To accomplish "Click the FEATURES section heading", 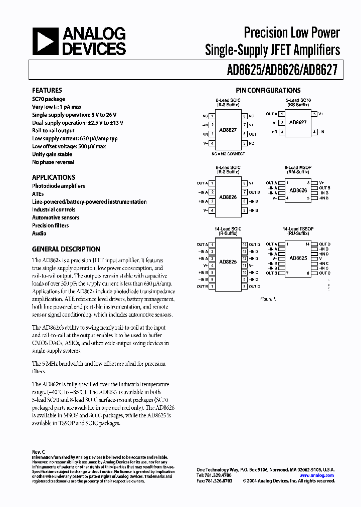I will click(x=47, y=90).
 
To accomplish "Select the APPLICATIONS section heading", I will click(x=54, y=177).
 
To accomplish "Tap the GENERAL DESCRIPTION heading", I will click(x=66, y=249).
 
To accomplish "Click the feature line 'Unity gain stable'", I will click(x=52, y=154).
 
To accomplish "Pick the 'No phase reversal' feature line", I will click(x=53, y=162).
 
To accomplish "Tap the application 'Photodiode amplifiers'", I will click(x=59, y=186).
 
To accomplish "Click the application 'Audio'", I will click(x=39, y=233).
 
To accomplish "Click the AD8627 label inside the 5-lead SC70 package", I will click(x=298, y=123).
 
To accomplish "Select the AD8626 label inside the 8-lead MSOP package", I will click(x=298, y=190).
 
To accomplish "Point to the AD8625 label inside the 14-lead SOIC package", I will click(x=228, y=262).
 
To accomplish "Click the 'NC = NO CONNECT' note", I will click(x=228, y=154).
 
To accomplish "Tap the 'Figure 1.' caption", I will click(x=268, y=299).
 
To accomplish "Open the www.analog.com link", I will click(x=316, y=475).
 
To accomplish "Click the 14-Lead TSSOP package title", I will click(x=298, y=228).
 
